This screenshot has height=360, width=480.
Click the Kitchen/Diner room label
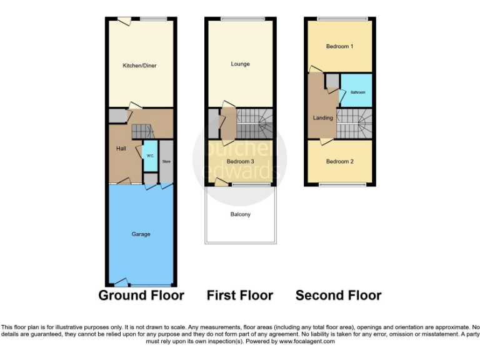tap(141, 65)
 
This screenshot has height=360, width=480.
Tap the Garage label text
tap(141, 234)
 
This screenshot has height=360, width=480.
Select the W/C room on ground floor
tap(150, 156)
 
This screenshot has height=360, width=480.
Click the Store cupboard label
tap(166, 162)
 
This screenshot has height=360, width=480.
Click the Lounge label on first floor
tap(240, 64)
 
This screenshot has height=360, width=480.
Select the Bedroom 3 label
tap(240, 162)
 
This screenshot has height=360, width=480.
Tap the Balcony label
tap(241, 214)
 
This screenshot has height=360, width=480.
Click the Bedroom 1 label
tap(339, 46)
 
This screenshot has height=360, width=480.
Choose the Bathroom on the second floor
tap(357, 92)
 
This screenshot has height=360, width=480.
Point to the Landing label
tap(322, 117)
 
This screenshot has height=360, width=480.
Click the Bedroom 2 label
tap(340, 161)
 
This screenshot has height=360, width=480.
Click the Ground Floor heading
tap(141, 295)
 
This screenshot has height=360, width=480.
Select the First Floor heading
tap(240, 295)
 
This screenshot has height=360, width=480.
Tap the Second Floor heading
tap(338, 295)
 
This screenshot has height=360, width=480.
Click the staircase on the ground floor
tap(142, 131)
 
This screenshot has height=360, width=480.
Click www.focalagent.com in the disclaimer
tap(309, 342)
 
